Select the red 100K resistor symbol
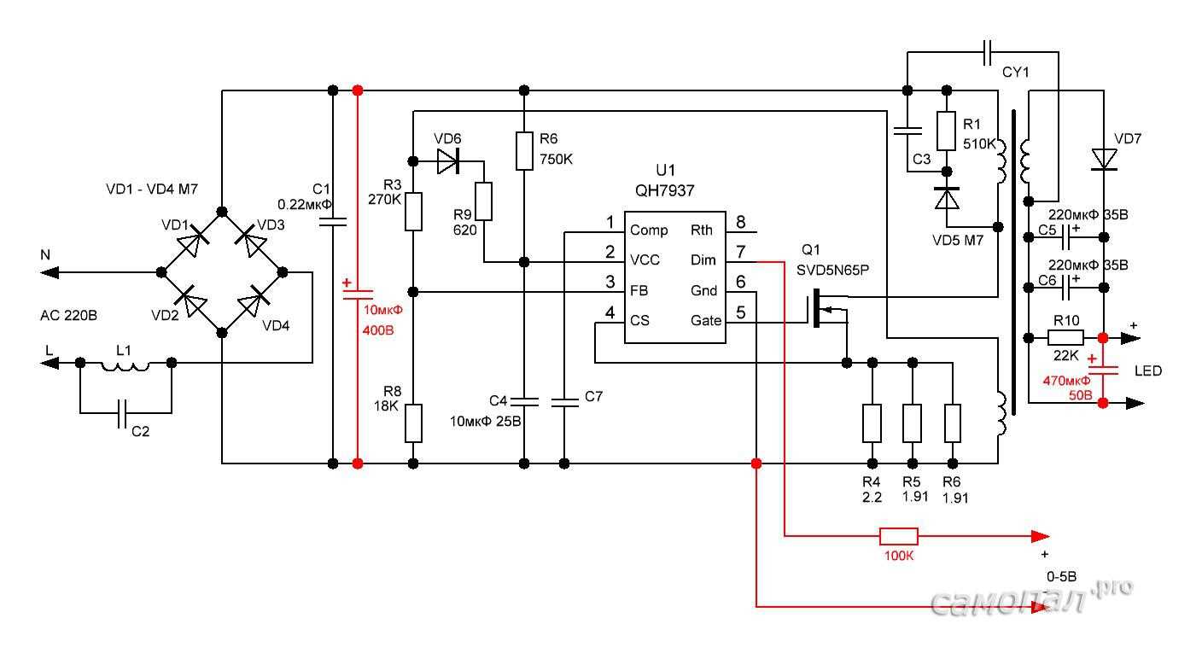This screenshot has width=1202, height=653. pyautogui.click(x=898, y=536)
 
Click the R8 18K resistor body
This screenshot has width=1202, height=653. pyautogui.click(x=413, y=423)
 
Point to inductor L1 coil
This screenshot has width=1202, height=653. pyautogui.click(x=125, y=364)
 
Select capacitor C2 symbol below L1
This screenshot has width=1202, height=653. pyautogui.click(x=125, y=413)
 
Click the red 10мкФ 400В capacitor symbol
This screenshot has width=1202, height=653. pyautogui.click(x=357, y=293)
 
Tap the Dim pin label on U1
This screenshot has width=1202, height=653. pyautogui.click(x=703, y=260)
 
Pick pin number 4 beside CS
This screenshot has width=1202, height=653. pyautogui.click(x=610, y=314)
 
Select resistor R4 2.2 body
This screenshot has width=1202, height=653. pyautogui.click(x=872, y=423)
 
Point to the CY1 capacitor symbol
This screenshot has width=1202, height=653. pyautogui.click(x=988, y=53)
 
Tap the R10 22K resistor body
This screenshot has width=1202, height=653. pyautogui.click(x=1065, y=337)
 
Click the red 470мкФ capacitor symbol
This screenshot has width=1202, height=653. pyautogui.click(x=1104, y=370)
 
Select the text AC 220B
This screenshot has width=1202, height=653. pyautogui.click(x=69, y=316)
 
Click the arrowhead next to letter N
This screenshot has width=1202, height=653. pyautogui.click(x=50, y=272)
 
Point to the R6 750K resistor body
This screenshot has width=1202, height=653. pyautogui.click(x=524, y=150)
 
